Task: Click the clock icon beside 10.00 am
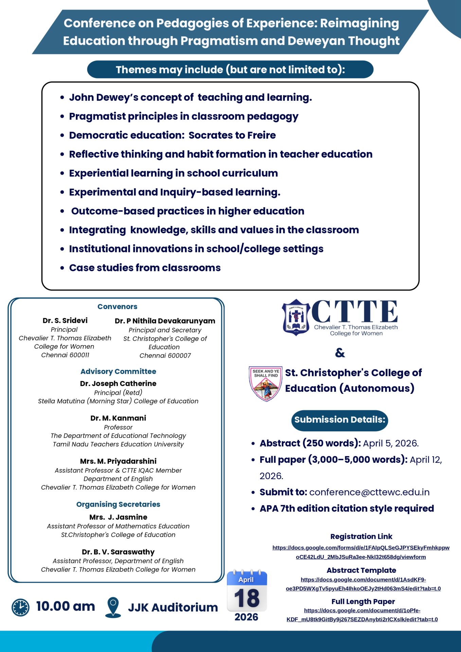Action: tap(20, 608)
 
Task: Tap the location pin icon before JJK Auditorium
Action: tap(113, 607)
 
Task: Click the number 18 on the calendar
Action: tap(247, 598)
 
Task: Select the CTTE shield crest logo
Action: tap(296, 317)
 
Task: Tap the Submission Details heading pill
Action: tap(339, 420)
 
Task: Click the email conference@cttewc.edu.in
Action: tap(369, 492)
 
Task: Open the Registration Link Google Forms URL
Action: tap(361, 552)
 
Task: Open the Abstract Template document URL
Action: tap(363, 584)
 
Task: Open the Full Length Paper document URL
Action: tap(362, 615)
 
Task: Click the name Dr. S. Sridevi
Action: tap(65, 321)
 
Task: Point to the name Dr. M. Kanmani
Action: tap(118, 418)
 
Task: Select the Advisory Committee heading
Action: tap(118, 372)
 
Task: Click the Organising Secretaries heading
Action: tap(118, 504)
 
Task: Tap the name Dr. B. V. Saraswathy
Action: tap(118, 552)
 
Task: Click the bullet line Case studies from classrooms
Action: tap(145, 268)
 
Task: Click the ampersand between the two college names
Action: tap(340, 353)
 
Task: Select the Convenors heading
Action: tap(117, 307)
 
